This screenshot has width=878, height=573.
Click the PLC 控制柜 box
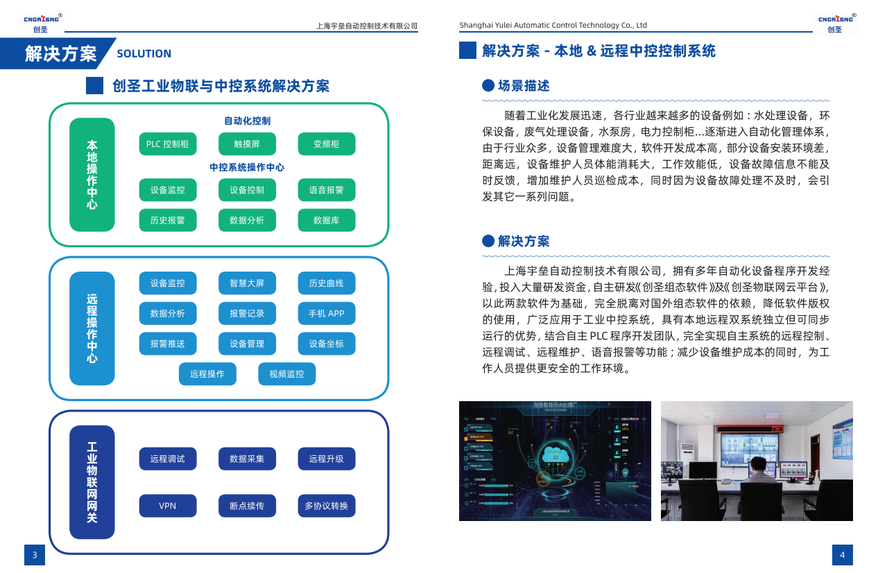[x=168, y=144]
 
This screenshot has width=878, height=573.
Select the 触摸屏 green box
[x=247, y=144]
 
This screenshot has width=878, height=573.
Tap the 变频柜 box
[x=326, y=144]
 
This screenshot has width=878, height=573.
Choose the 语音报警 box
[x=326, y=190]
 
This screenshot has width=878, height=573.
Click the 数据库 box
[x=326, y=220]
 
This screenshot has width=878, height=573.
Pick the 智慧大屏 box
[x=247, y=283]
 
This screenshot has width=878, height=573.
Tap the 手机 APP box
[x=326, y=313]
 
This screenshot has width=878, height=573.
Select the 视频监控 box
[x=286, y=374]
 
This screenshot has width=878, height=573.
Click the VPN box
[x=168, y=506]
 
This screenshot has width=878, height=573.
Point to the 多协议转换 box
[x=326, y=506]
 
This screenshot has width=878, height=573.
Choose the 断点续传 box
[x=247, y=506]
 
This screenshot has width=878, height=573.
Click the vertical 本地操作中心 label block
[x=92, y=175]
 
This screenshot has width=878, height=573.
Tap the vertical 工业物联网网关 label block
[x=92, y=482]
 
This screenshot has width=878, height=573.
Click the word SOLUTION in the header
[x=144, y=54]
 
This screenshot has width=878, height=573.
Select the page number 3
[x=35, y=555]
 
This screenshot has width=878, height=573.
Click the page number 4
[x=843, y=555]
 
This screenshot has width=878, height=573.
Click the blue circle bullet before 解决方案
[x=488, y=241]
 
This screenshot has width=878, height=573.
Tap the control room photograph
[x=757, y=461]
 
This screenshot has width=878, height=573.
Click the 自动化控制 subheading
[x=247, y=121]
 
